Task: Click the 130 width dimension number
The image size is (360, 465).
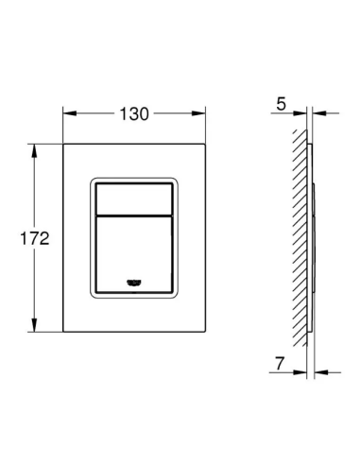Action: point(134,113)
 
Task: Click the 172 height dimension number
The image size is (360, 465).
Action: point(35,238)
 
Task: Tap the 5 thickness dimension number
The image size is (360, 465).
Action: point(281,104)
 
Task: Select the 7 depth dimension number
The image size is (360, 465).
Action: point(280,363)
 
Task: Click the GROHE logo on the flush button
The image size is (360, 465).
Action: point(134,283)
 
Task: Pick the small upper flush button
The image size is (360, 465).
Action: point(134,199)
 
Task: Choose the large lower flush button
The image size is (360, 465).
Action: point(134,254)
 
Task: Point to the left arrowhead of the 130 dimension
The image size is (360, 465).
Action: point(70,113)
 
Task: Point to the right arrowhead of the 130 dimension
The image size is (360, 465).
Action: point(198,113)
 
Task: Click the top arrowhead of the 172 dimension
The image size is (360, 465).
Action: point(34,151)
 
